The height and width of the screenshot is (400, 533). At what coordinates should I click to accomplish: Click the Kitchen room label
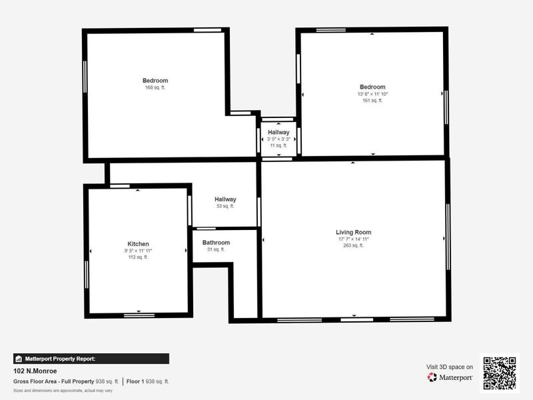point(138,244)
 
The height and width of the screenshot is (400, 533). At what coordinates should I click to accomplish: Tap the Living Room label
point(353,232)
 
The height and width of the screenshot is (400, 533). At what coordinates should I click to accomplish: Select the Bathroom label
point(216,243)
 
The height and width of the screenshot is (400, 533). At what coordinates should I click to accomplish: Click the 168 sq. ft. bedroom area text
point(155,87)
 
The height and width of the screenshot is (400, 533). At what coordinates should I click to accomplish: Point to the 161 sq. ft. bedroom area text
point(372,101)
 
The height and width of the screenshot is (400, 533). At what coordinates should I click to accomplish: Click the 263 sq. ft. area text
point(353,245)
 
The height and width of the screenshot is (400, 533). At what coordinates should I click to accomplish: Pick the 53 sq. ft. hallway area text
point(225,206)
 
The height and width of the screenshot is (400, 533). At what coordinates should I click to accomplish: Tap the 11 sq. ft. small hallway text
point(278,145)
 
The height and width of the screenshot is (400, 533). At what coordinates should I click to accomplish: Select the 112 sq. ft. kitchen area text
point(138,257)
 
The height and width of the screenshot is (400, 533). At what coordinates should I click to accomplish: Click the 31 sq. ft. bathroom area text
point(216,249)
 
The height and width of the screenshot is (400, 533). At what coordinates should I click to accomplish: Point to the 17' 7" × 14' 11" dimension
point(353,239)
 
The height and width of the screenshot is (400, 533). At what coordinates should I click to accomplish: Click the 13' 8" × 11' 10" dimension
point(372,94)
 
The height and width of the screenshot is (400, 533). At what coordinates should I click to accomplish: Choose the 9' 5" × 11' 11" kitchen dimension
point(138,251)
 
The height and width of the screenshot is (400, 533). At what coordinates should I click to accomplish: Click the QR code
point(499,373)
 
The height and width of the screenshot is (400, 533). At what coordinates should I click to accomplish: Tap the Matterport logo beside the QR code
point(450,377)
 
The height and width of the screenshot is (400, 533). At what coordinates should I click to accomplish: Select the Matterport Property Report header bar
point(91,359)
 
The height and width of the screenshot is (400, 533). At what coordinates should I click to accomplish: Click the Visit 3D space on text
point(450,367)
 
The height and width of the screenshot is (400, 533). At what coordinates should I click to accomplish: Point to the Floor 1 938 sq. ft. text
point(148,381)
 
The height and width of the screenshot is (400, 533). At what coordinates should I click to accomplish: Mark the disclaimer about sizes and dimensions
point(63,390)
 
